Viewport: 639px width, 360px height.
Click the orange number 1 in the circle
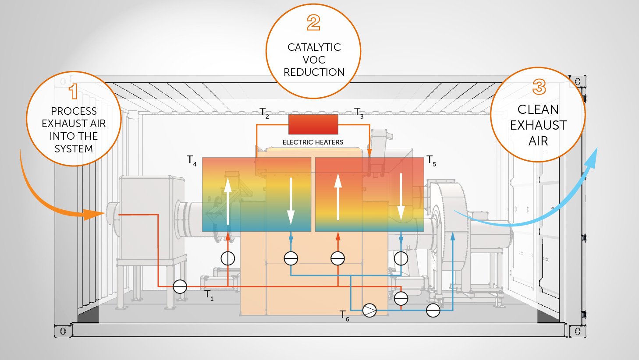coord(73,91)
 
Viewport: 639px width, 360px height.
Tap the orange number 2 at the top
coord(313,23)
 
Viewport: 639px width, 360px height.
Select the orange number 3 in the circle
coord(539,87)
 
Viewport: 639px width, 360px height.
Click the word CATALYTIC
coord(314,47)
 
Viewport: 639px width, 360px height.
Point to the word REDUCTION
coord(314,72)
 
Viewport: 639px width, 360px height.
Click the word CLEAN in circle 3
coord(538,109)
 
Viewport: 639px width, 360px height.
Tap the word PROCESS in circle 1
coord(74,111)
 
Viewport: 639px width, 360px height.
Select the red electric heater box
coord(313,124)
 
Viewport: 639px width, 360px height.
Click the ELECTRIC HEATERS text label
coord(312,142)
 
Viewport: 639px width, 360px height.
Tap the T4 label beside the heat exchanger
coord(192,160)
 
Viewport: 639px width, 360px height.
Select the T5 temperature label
coord(431,160)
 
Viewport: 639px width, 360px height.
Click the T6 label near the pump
coord(344,315)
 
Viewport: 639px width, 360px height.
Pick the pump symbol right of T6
coord(369,311)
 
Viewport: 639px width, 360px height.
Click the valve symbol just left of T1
coord(180,286)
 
